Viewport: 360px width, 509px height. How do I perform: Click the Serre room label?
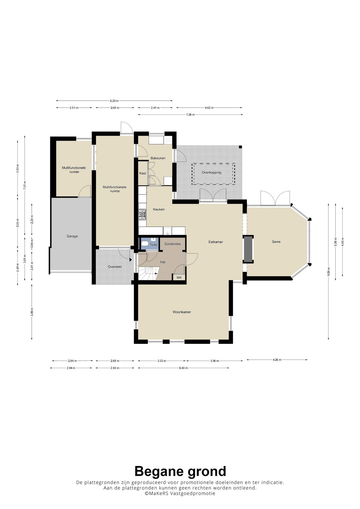[276, 242]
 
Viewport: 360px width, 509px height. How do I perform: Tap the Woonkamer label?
[182, 312]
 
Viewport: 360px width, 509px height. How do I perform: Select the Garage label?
[72, 236]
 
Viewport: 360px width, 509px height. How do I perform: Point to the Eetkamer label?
[216, 242]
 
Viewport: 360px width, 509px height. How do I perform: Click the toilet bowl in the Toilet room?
[145, 244]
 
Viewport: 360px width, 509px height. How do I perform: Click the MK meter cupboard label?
[179, 277]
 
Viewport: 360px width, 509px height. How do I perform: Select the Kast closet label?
[143, 173]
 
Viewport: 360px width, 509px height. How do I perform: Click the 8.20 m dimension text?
[114, 101]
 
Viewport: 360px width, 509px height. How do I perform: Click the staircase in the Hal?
[147, 274]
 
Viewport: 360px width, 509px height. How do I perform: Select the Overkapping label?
[211, 172]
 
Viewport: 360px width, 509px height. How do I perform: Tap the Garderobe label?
[173, 244]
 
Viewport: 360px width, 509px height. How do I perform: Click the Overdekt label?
[115, 267]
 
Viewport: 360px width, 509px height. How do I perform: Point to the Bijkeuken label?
[158, 158]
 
